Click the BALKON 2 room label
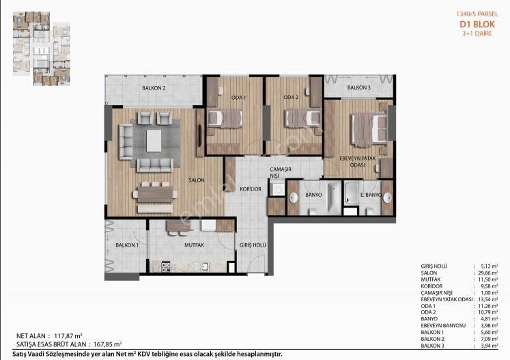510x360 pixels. point(154,88)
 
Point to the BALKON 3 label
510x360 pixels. point(358,88)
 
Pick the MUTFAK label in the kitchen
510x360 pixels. point(194,245)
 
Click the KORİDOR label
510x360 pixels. point(251,189)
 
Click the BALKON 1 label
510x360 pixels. point(127,245)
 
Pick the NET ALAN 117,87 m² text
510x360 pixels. point(49,336)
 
